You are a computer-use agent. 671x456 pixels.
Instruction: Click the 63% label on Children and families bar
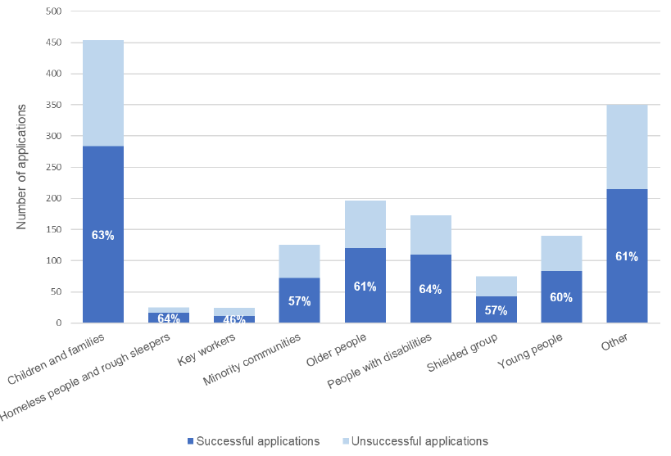[103, 236]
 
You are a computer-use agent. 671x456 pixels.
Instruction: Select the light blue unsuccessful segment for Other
[627, 147]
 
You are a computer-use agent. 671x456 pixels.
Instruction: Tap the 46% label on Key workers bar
[234, 320]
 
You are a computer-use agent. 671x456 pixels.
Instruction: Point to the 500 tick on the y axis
[54, 11]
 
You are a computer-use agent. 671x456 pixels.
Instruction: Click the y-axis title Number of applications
[22, 167]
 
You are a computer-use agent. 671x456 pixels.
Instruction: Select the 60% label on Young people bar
[561, 297]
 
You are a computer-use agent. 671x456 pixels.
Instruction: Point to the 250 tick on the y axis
[54, 167]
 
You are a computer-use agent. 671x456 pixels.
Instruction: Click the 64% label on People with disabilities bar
[430, 289]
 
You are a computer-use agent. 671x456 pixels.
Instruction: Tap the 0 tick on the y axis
[59, 323]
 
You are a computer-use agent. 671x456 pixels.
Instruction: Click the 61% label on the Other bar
[627, 257]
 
